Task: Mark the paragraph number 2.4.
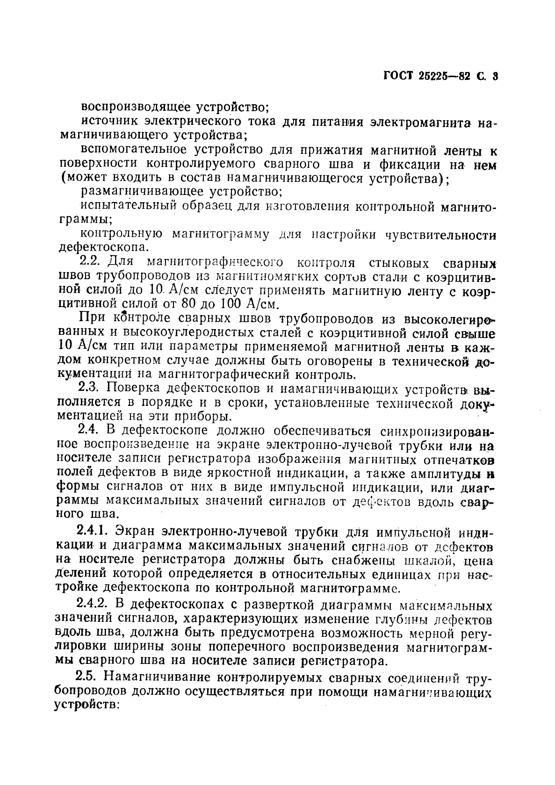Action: coord(87,430)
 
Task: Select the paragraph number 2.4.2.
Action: coord(93,606)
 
